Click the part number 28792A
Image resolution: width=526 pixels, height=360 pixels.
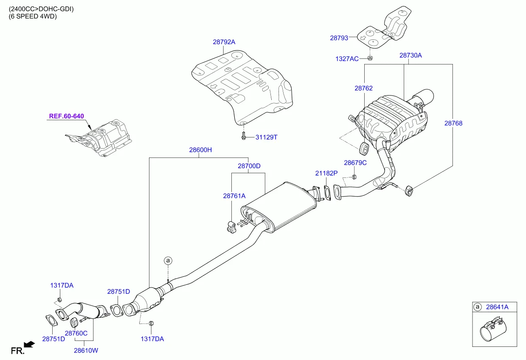pyautogui.click(x=224, y=42)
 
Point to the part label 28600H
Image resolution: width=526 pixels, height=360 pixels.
pyautogui.click(x=200, y=150)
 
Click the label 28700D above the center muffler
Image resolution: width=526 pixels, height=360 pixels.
pyautogui.click(x=249, y=166)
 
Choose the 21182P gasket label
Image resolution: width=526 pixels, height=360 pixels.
pyautogui.click(x=326, y=173)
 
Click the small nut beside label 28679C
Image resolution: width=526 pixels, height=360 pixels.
pyautogui.click(x=354, y=177)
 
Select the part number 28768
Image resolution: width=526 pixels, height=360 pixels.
pyautogui.click(x=453, y=124)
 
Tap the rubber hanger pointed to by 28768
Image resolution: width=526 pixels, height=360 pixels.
pyautogui.click(x=410, y=191)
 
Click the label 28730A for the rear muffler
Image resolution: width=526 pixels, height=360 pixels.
pyautogui.click(x=410, y=56)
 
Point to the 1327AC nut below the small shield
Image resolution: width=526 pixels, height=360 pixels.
pyautogui.click(x=370, y=58)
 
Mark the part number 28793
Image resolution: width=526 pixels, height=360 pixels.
pyautogui.click(x=339, y=38)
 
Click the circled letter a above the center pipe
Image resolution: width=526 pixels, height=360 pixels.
pyautogui.click(x=168, y=260)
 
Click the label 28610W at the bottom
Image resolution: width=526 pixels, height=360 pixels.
pyautogui.click(x=86, y=351)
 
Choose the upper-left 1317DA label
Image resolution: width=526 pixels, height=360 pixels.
pyautogui.click(x=62, y=286)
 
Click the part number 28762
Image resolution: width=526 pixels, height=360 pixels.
pyautogui.click(x=363, y=88)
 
